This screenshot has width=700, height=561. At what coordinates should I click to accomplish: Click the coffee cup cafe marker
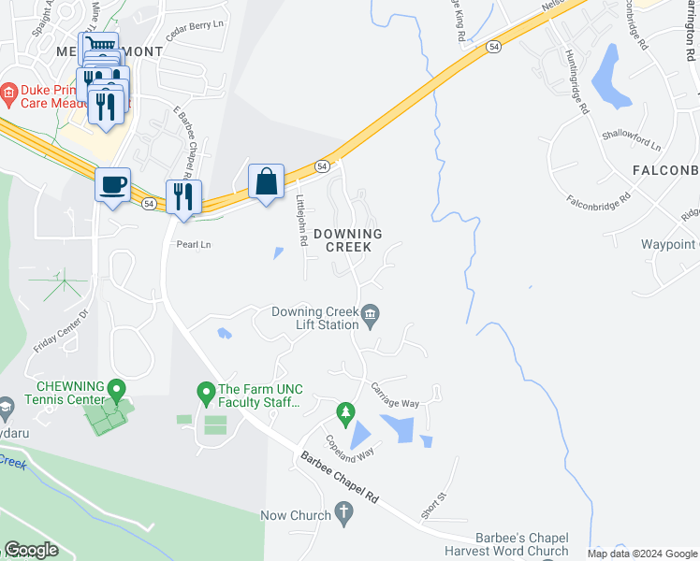(x=112, y=183)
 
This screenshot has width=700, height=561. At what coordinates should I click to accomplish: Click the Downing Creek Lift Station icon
(x=371, y=314)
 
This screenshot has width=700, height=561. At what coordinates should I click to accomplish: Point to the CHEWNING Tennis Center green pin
(x=116, y=387)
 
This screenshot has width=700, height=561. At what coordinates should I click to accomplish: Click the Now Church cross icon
(x=343, y=513)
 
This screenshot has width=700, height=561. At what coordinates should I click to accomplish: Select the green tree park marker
(x=346, y=411)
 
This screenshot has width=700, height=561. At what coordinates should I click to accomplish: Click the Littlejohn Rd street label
(x=301, y=221)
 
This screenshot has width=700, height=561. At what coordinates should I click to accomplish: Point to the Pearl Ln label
(x=194, y=244)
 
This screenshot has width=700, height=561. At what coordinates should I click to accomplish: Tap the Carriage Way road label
(x=396, y=395)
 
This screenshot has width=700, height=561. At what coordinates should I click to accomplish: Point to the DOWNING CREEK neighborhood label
(x=348, y=240)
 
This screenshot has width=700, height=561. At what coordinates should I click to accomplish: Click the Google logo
(x=31, y=550)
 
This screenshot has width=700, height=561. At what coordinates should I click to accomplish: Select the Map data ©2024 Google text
(x=641, y=554)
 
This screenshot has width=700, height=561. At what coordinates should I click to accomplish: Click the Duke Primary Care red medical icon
(x=9, y=92)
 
